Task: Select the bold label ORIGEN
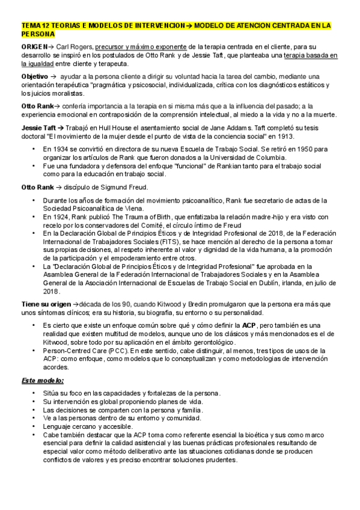click(34, 46)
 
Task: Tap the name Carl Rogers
click(74, 46)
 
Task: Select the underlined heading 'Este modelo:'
click(43, 381)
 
